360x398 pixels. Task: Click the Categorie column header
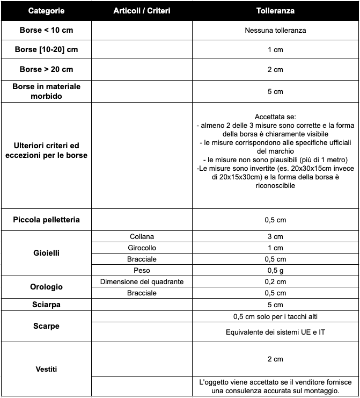click(x=46, y=11)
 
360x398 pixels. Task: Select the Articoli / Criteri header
click(x=142, y=11)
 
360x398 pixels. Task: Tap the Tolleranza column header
click(x=275, y=11)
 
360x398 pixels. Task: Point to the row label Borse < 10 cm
click(x=46, y=30)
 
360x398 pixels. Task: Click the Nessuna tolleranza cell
click(x=275, y=31)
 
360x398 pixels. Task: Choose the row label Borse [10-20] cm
click(x=46, y=49)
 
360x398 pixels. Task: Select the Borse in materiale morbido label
click(x=46, y=91)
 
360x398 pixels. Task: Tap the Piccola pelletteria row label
click(x=46, y=220)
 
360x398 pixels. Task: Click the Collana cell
click(x=142, y=237)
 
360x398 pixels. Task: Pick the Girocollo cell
click(x=142, y=248)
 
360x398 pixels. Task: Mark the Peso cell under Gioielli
click(x=142, y=270)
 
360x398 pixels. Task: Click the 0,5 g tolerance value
click(x=275, y=270)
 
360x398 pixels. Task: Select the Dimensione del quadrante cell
click(x=142, y=282)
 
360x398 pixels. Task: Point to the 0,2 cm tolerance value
click(x=275, y=282)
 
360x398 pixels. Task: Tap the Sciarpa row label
click(x=46, y=305)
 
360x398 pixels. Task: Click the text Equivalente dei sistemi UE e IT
click(x=275, y=332)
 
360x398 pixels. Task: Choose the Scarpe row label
click(x=46, y=326)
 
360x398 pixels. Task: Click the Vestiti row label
click(x=46, y=369)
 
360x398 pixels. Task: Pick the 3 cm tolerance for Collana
click(x=275, y=237)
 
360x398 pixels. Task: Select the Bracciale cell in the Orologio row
click(x=142, y=293)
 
